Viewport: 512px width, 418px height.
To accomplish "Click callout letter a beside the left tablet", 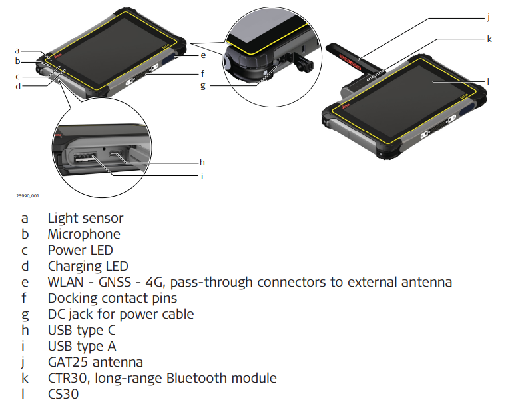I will [17, 50].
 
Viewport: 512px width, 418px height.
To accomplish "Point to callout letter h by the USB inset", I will [202, 162].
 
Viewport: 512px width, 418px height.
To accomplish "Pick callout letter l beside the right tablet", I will [487, 81].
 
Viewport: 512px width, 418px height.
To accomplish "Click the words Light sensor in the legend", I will [85, 218].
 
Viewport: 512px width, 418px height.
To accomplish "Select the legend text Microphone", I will [84, 234].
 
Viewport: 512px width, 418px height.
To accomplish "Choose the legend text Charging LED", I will [88, 266].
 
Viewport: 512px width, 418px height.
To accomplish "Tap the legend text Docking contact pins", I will [112, 298].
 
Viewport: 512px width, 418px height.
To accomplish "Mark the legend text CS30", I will [63, 394].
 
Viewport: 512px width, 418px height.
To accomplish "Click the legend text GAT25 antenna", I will [95, 362].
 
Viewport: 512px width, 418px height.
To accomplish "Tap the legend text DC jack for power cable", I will [121, 314].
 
